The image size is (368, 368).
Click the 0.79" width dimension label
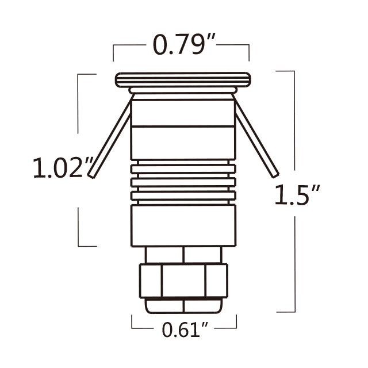coord(179,45)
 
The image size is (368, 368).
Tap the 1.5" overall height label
coord(297,195)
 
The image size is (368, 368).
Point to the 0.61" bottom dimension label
coord(184,330)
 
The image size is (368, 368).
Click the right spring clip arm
coord(256,141)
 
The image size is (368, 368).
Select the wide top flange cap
coord(183,79)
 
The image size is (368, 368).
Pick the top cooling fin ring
coord(183,168)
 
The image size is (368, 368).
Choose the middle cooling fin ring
coord(183,182)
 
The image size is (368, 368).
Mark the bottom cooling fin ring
coord(183,196)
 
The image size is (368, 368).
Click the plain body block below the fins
coord(183,225)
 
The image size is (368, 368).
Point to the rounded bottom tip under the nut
coord(183,306)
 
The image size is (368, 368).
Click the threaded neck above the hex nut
coord(183,254)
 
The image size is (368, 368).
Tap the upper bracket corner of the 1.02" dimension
coord(79,74)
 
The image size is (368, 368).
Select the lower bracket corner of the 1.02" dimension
coord(79,246)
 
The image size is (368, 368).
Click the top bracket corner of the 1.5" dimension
coord(294,71)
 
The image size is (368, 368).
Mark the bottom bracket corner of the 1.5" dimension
coord(294,312)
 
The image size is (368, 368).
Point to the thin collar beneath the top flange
coord(183,91)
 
